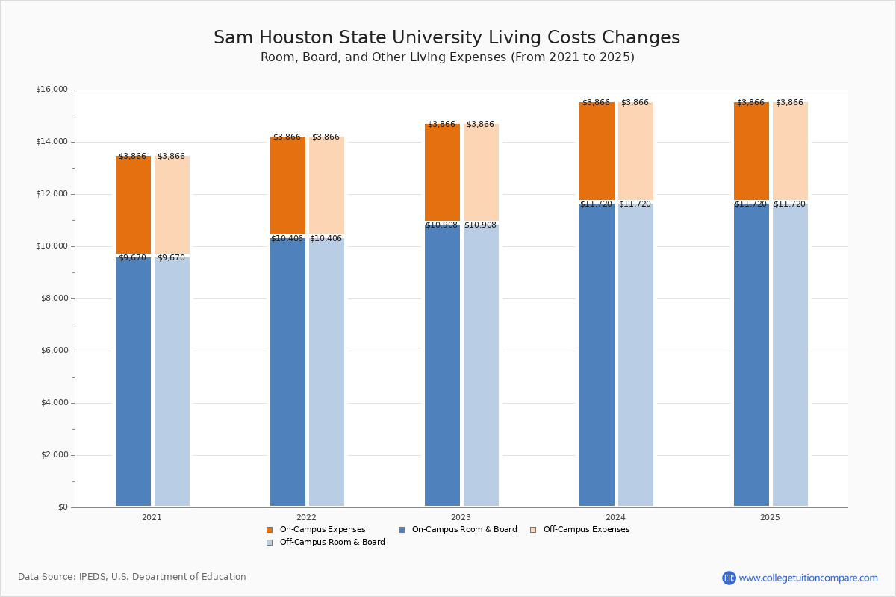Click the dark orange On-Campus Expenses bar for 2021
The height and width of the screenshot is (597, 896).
pos(133,205)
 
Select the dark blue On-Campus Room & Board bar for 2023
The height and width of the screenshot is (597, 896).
pos(442,366)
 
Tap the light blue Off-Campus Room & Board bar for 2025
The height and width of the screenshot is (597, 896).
pos(790,355)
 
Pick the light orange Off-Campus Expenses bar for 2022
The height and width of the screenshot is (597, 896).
pos(326,186)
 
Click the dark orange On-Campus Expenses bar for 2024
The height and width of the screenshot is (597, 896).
pos(597,151)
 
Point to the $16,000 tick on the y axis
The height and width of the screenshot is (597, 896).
pos(52,90)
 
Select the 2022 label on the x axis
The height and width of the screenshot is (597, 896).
pos(306,517)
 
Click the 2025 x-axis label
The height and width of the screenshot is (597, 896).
pos(770,517)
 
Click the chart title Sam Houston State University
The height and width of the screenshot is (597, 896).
pos(447,38)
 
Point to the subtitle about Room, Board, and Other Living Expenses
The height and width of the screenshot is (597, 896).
pos(447,57)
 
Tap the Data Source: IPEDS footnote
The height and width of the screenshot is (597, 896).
pos(132,577)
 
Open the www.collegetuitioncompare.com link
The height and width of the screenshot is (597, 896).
pos(808,578)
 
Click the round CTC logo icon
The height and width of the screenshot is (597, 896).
pos(729,578)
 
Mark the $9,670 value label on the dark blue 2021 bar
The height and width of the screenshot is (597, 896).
pos(132,258)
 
